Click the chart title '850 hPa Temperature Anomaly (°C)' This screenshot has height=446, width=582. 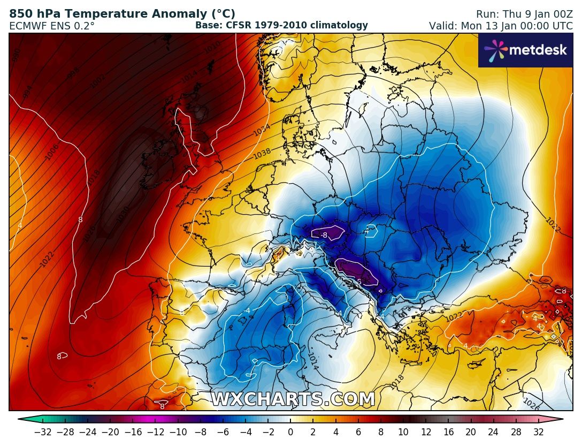122,14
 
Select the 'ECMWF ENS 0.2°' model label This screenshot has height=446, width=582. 52,25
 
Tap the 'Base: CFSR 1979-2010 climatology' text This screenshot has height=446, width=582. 281,25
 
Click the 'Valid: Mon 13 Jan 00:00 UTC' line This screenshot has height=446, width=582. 501,26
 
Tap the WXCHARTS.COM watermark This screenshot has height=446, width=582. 293,399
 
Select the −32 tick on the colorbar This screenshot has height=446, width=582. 43,432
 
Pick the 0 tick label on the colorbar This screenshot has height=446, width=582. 290,432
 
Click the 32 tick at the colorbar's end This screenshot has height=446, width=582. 538,432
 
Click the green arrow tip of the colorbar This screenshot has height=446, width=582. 22,420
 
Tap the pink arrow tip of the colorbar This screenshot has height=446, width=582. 559,420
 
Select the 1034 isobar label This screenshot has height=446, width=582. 262,130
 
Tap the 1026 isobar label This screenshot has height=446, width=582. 531,403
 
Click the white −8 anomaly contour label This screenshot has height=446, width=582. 324,235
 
